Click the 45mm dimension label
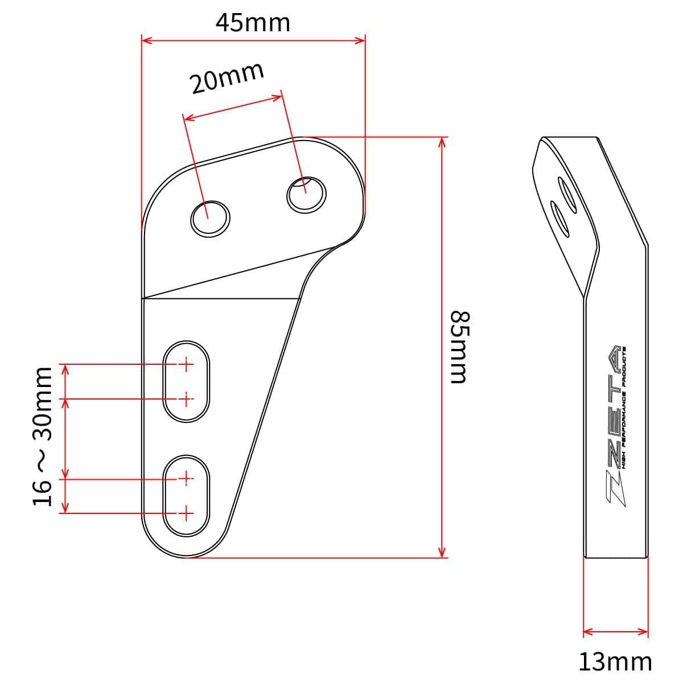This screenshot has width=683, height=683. click(x=253, y=23)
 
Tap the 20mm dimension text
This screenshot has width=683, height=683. click(x=227, y=78)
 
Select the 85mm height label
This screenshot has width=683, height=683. click(x=460, y=347)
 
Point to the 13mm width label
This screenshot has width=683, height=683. click(x=615, y=661)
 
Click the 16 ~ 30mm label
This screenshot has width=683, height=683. click(x=43, y=437)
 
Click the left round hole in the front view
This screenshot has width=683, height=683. click(x=210, y=219)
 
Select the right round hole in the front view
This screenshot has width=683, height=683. click(x=306, y=195)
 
